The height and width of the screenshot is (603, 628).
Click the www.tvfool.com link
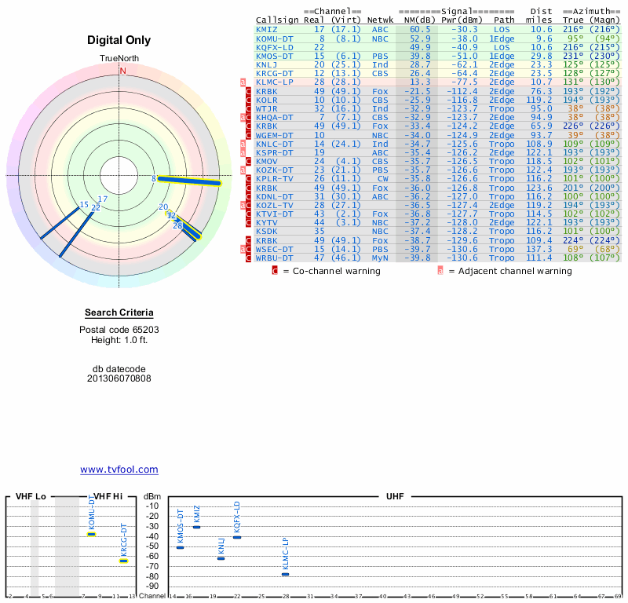[x=119, y=470]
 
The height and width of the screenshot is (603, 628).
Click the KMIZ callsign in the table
[x=267, y=29]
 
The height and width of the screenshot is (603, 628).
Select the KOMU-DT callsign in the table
[x=274, y=38]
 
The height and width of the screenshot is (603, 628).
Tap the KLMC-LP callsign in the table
[x=274, y=82]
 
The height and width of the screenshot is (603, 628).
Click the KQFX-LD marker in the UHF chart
[x=237, y=537]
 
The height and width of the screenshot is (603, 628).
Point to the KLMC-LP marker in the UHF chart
[x=285, y=574]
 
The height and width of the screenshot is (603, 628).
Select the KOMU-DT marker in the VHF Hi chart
[x=91, y=534]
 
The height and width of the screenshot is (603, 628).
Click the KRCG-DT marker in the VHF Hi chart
[x=123, y=561]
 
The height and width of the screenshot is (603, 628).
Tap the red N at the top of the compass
[x=122, y=71]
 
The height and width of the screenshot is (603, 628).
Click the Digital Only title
[x=119, y=40]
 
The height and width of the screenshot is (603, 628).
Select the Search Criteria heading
[x=119, y=312]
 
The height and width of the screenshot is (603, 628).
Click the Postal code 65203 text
[x=119, y=330]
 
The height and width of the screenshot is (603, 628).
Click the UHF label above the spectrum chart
[x=395, y=496]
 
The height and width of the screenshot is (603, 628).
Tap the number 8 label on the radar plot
[x=154, y=179]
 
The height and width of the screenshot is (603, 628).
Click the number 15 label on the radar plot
[x=84, y=205]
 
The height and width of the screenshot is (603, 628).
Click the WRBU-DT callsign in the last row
[x=274, y=258]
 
